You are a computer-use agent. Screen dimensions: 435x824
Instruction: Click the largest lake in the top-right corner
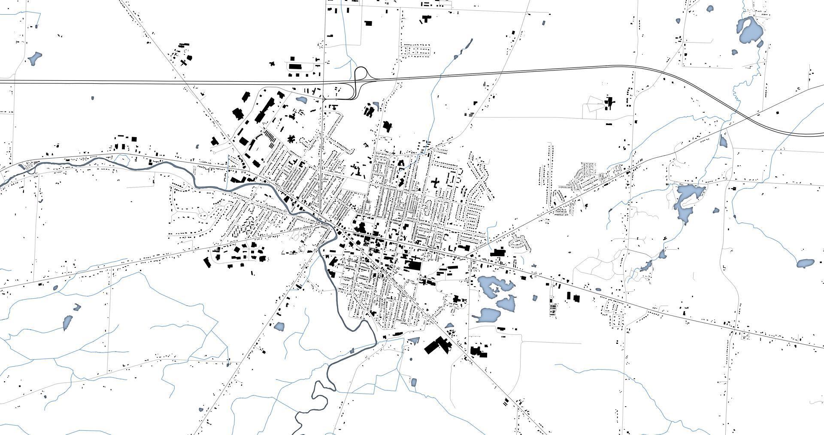pyautogui.click(x=749, y=31)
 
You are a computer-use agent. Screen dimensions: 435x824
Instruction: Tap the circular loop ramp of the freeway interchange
pyautogui.click(x=360, y=73)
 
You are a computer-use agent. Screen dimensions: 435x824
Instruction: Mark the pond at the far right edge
pyautogui.click(x=805, y=263)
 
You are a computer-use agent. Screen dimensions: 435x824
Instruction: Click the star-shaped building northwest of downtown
pyautogui.click(x=291, y=139)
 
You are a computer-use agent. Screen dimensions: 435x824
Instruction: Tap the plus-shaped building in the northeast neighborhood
pyautogui.click(x=435, y=184)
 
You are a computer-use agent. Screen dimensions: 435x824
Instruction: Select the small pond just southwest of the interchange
pyautogui.click(x=301, y=100)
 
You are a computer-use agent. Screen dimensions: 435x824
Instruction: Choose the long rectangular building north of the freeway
pyautogui.click(x=295, y=67)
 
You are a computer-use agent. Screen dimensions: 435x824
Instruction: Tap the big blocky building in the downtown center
pyautogui.click(x=414, y=265)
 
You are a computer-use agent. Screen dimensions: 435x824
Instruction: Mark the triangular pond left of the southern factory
pyautogui.click(x=414, y=341)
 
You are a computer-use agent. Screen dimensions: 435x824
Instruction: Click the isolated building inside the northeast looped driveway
pyautogui.click(x=609, y=103)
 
